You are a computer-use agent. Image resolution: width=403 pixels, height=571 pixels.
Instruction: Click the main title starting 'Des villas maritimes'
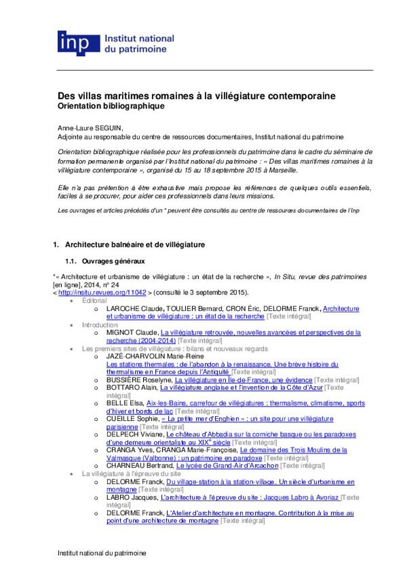[196, 96]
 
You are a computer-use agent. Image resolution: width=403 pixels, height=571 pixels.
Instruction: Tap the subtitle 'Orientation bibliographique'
[111, 107]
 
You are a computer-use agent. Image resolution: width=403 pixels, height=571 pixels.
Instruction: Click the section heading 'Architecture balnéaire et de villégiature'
[135, 245]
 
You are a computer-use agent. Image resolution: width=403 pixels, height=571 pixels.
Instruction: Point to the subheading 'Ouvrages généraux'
[113, 261]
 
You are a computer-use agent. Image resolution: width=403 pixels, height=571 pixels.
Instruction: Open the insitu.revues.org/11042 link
[102, 292]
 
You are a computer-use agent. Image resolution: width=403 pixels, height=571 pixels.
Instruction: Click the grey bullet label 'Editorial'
[94, 301]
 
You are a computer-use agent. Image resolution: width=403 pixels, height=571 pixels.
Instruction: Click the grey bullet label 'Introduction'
[100, 325]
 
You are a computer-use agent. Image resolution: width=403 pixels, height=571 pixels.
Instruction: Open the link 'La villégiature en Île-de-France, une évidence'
[243, 380]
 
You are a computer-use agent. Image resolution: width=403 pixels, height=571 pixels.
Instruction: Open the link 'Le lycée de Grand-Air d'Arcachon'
[227, 465]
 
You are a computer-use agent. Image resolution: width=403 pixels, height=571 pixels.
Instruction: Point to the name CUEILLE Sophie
[132, 419]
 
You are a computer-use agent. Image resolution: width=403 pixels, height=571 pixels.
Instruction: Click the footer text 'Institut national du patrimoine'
[102, 553]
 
